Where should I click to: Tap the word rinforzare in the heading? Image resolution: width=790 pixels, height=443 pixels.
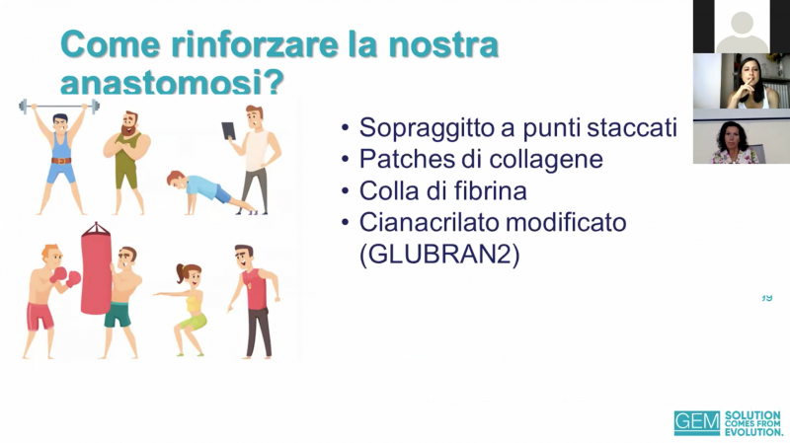coord(255,44)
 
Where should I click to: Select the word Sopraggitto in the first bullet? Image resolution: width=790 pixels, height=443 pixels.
coord(426,128)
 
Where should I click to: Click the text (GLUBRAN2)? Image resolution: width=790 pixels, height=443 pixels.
coord(439,255)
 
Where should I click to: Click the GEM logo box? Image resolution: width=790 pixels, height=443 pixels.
coord(697,423)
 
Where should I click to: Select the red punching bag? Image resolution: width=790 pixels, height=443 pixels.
coord(96,269)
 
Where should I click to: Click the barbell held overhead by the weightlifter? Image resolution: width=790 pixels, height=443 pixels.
coord(59,107)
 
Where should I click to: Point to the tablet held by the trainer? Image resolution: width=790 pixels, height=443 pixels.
coord(229,131)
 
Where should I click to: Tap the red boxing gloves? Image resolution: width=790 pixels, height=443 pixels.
coord(65,276)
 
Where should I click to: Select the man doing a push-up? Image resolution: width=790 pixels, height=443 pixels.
coord(211,191)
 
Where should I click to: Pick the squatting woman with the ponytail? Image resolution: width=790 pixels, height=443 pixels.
coord(186,308)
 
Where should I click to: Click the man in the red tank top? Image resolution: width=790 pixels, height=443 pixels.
coord(255,301)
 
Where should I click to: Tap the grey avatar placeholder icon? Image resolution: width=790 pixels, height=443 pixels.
coord(742,32)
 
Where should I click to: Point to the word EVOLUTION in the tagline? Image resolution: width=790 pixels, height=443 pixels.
coord(753,432)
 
